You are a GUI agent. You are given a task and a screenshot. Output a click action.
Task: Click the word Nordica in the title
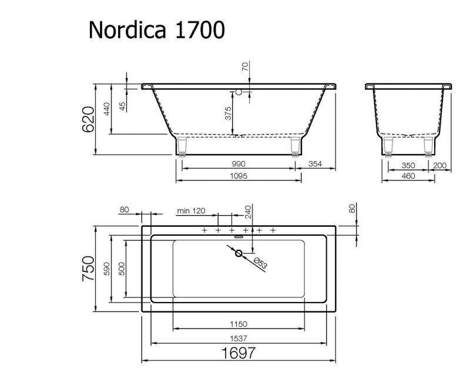[x=127, y=29]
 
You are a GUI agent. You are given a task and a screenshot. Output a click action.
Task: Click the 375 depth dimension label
[x=227, y=115]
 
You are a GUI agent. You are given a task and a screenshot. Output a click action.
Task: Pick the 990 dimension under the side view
[x=238, y=164]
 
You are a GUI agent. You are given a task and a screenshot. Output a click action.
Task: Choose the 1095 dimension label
[x=238, y=176]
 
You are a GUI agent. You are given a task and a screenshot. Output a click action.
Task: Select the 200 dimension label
[x=441, y=165]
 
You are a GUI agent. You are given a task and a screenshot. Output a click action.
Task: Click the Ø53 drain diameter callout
[x=261, y=264]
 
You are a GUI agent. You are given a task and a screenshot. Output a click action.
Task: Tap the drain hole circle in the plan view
[x=239, y=254]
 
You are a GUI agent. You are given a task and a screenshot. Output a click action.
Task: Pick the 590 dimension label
[x=107, y=269]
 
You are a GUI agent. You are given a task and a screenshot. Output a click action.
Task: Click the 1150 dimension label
[x=238, y=324]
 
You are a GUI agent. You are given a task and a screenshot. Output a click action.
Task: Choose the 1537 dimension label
[x=238, y=337]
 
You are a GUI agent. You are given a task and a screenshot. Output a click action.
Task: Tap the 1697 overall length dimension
[x=238, y=353]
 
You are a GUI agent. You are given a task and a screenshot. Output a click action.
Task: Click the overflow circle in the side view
[x=239, y=92]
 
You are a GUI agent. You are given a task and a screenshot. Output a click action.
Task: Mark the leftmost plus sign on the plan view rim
[x=204, y=230]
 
